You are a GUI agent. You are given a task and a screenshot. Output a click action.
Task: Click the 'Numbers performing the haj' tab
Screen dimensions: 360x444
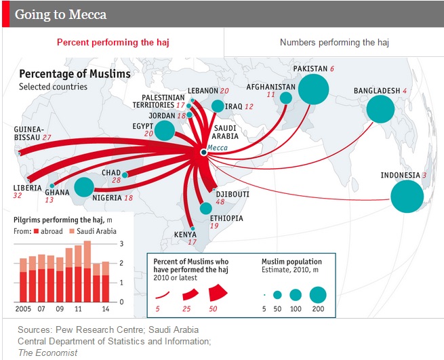(335, 43)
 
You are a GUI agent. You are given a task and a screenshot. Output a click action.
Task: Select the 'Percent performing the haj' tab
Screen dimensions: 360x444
(113, 43)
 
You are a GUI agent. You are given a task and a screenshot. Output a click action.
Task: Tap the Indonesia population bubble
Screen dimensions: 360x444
(407, 197)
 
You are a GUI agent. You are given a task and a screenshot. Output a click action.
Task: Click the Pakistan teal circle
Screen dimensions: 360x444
(313, 89)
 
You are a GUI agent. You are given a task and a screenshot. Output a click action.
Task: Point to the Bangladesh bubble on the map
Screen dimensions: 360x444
(380, 108)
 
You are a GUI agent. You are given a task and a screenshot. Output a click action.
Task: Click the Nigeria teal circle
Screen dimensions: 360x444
(84, 187)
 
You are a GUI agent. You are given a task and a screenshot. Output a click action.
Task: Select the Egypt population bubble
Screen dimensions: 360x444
(164, 130)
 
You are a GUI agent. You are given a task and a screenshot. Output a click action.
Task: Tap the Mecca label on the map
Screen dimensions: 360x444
(218, 146)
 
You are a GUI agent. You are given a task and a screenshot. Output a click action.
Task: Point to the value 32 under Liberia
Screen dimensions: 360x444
(17, 195)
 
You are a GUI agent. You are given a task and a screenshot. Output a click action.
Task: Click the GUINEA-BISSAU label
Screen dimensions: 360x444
(28, 133)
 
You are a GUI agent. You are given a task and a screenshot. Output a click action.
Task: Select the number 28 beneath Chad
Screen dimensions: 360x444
(116, 181)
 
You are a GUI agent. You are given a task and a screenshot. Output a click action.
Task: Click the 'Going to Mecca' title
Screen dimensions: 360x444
(60, 14)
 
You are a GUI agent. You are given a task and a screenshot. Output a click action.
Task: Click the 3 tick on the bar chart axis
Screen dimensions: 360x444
(122, 243)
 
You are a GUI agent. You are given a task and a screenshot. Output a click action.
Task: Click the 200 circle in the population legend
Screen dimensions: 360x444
(318, 295)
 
